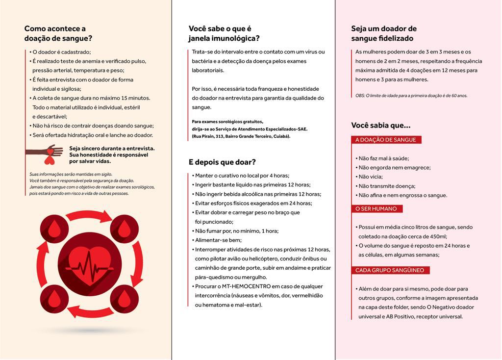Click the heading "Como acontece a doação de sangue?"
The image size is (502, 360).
[x=58, y=33]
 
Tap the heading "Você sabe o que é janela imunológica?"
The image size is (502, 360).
[x=224, y=33]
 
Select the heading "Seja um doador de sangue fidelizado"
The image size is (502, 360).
[x=384, y=33]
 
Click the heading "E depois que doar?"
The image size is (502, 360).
[x=222, y=162]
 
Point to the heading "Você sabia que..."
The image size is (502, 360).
[x=381, y=125]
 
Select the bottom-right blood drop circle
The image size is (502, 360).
[x=125, y=298]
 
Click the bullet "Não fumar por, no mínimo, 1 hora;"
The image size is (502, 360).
[x=236, y=231]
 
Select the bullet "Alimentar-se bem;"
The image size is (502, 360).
[x=218, y=240]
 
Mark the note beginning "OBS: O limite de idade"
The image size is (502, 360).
[x=411, y=96]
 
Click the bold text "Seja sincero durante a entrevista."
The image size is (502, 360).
[x=112, y=148]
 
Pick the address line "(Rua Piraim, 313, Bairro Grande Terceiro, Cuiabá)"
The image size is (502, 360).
[x=241, y=136]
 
